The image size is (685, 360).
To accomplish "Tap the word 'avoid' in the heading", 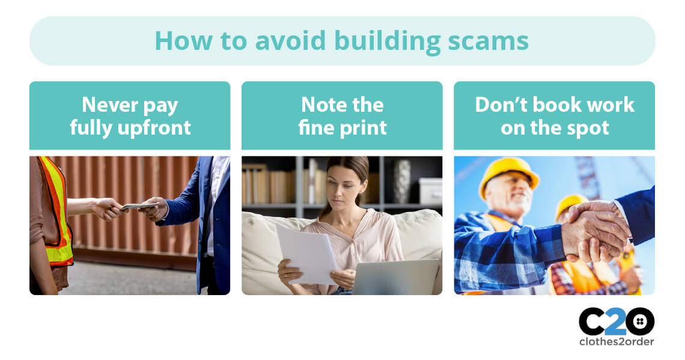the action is [290, 41].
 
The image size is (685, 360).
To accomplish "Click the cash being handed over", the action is [140, 206].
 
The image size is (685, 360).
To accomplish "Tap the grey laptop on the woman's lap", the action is [395, 276].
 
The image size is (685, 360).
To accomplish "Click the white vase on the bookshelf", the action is [401, 181].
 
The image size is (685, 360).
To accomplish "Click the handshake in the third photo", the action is [594, 230].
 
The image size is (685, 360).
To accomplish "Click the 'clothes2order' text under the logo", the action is [616, 341].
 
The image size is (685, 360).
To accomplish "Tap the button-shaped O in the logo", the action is [640, 322].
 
